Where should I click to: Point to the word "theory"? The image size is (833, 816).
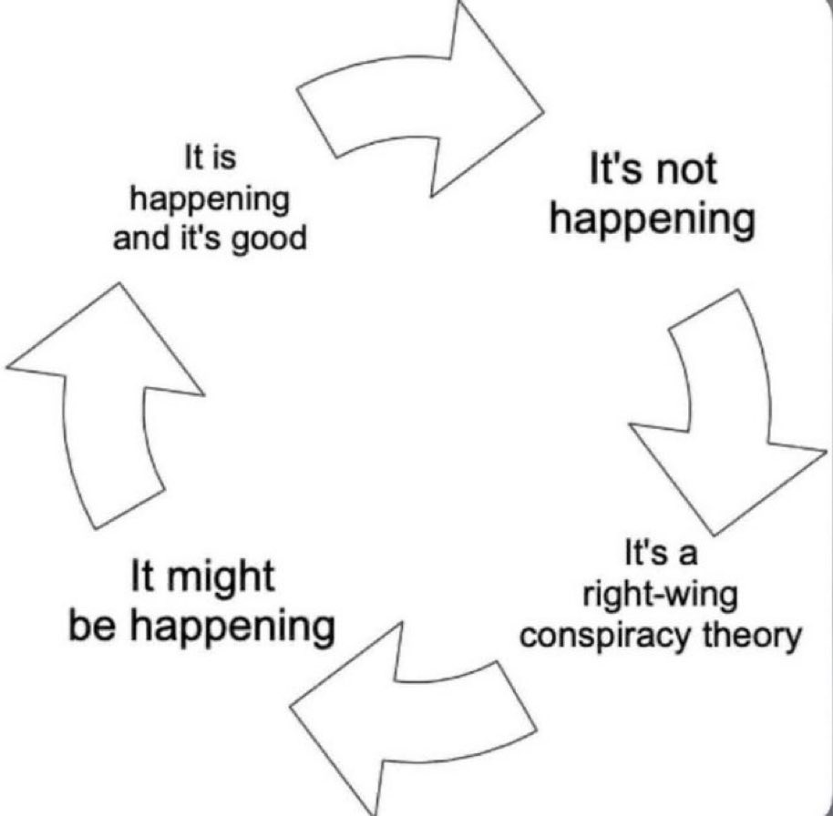point(751,636)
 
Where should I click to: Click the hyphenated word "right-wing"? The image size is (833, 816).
point(661,597)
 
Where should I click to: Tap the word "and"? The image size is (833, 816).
point(136,238)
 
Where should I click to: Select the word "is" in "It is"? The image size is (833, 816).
point(224,158)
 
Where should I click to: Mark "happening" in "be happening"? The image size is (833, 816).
point(232,628)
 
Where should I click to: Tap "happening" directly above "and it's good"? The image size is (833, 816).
point(210,201)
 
